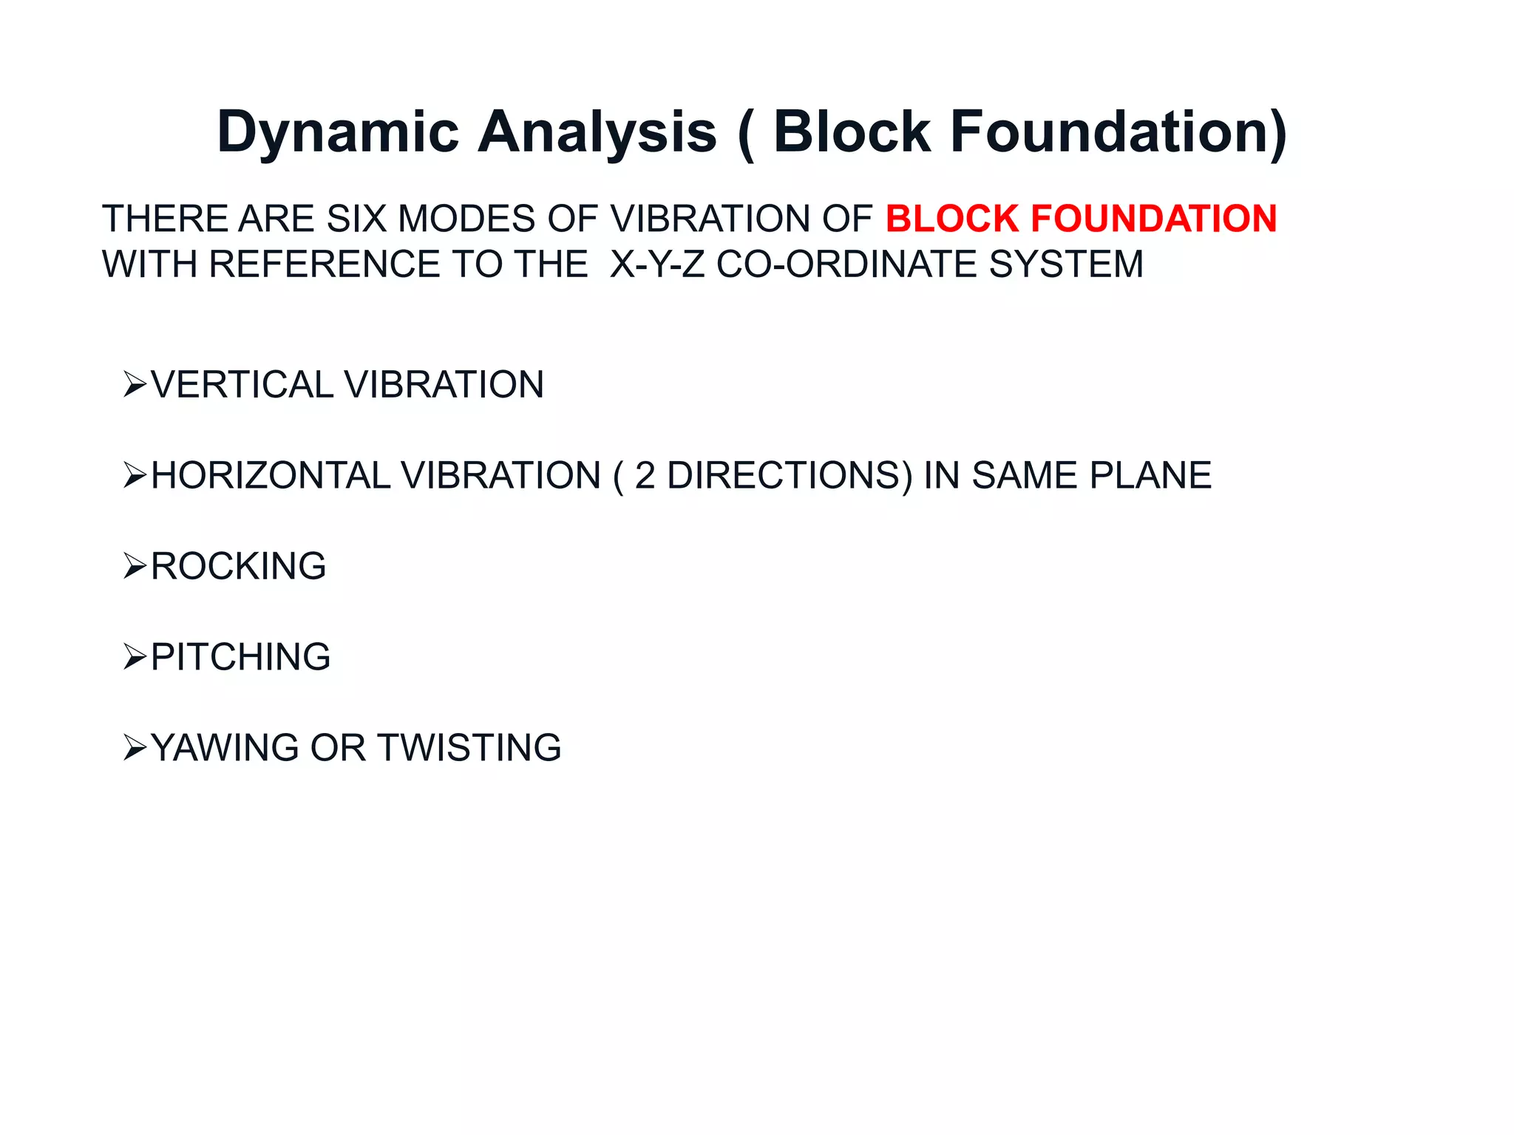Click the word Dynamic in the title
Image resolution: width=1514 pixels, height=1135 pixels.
click(338, 133)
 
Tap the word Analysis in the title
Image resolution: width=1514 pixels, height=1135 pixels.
click(597, 133)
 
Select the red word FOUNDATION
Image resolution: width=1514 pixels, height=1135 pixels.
click(1154, 219)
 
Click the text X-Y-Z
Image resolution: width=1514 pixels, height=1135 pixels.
click(657, 265)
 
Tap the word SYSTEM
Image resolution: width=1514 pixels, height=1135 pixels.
click(1066, 265)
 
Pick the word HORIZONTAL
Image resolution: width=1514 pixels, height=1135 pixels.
click(269, 476)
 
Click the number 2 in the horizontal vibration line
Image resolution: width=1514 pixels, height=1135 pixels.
click(645, 476)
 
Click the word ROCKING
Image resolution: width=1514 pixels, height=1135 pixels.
click(238, 567)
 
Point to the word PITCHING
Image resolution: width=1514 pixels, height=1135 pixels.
click(240, 658)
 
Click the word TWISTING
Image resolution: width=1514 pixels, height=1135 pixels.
click(469, 748)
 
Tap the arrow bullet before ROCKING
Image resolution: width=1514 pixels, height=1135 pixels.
click(135, 567)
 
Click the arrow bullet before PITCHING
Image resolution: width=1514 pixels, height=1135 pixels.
click(135, 658)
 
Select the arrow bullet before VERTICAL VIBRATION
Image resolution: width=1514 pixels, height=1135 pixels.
click(135, 385)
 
